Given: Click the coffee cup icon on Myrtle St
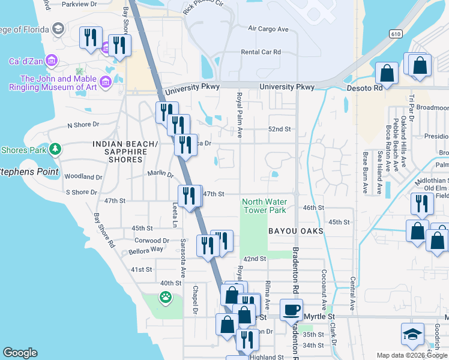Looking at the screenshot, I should click(x=292, y=311).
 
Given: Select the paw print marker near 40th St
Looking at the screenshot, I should click(x=164, y=296).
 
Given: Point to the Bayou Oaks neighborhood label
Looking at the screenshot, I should click(x=296, y=231).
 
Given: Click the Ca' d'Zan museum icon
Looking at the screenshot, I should click(x=51, y=61).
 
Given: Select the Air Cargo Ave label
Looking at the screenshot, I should click(x=268, y=29).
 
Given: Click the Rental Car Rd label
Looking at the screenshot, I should click(x=261, y=52).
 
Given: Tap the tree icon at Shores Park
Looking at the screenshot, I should click(x=55, y=148).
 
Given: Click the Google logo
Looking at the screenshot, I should click(x=20, y=353).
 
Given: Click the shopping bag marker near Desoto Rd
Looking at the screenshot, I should click(x=387, y=73).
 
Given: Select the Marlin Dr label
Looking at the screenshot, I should click(x=160, y=175).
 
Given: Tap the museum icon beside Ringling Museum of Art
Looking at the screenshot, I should click(x=106, y=82).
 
